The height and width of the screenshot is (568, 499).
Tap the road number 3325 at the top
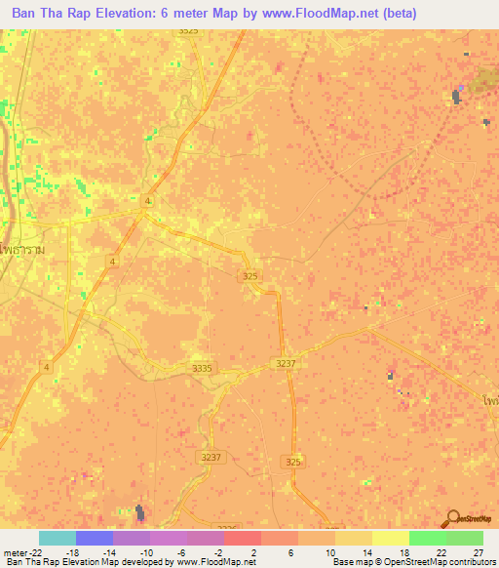(x=188, y=31)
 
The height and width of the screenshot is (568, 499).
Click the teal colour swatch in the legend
(x=58, y=538)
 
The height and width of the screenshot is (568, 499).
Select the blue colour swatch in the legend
(x=95, y=538)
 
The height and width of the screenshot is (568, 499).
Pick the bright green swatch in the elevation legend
(x=427, y=538)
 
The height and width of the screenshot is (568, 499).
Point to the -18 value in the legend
(x=71, y=551)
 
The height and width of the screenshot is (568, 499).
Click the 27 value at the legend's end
(x=478, y=551)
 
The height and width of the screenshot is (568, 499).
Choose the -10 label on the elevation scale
(x=146, y=551)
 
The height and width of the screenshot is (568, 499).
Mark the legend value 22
(x=441, y=551)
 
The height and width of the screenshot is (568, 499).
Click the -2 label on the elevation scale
(x=220, y=551)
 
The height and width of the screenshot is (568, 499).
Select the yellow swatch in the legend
(x=391, y=538)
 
